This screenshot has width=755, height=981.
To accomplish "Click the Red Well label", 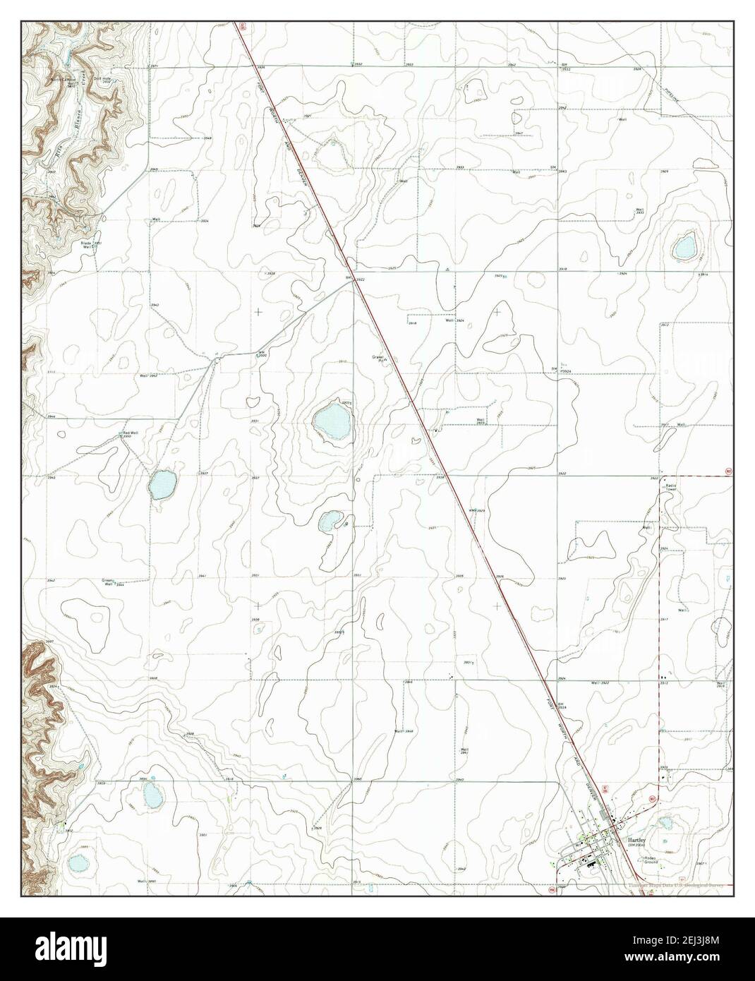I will pyautogui.click(x=131, y=433).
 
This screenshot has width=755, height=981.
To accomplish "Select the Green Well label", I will pyautogui.click(x=108, y=582).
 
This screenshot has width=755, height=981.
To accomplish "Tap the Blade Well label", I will pyautogui.click(x=89, y=245).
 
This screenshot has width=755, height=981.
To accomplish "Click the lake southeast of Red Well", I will pyautogui.click(x=162, y=484).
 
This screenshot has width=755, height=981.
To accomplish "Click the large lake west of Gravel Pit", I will pyautogui.click(x=332, y=421).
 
